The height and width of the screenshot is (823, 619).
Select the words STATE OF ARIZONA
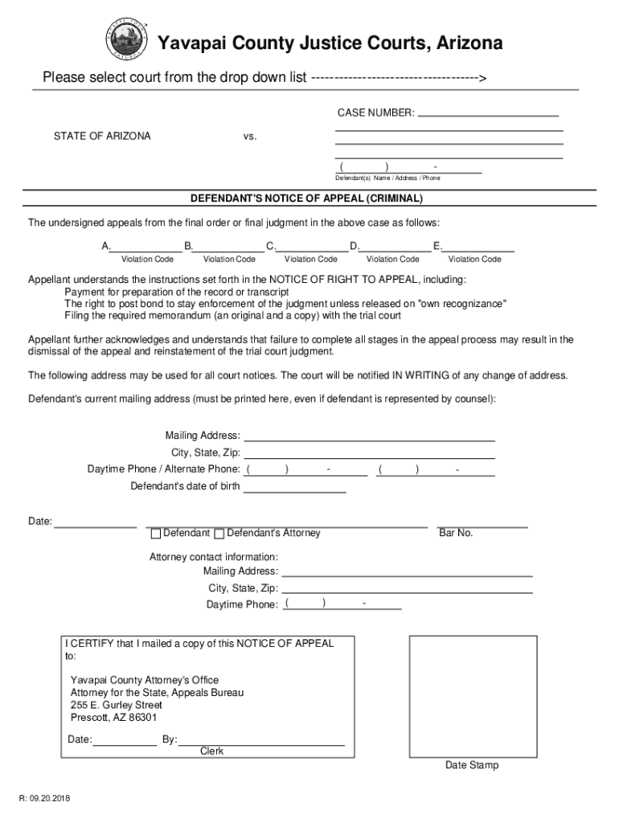[102, 136]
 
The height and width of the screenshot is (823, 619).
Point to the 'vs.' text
[250, 137]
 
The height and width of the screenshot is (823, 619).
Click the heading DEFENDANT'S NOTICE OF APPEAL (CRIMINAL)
[306, 198]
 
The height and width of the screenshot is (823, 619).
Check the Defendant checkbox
[154, 534]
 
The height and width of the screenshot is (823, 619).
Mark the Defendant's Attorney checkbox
[219, 534]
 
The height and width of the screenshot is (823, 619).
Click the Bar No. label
[456, 534]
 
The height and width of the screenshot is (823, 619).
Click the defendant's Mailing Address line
[369, 436]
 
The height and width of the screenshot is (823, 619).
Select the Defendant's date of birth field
[295, 487]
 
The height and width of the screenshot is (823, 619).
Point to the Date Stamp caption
[472, 765]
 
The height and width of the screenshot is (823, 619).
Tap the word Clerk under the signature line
[211, 751]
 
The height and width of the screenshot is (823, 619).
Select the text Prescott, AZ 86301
[113, 718]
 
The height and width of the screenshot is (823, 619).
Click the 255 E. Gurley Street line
[116, 705]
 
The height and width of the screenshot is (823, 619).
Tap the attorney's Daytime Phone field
[342, 604]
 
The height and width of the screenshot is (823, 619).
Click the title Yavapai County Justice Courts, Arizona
[330, 43]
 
